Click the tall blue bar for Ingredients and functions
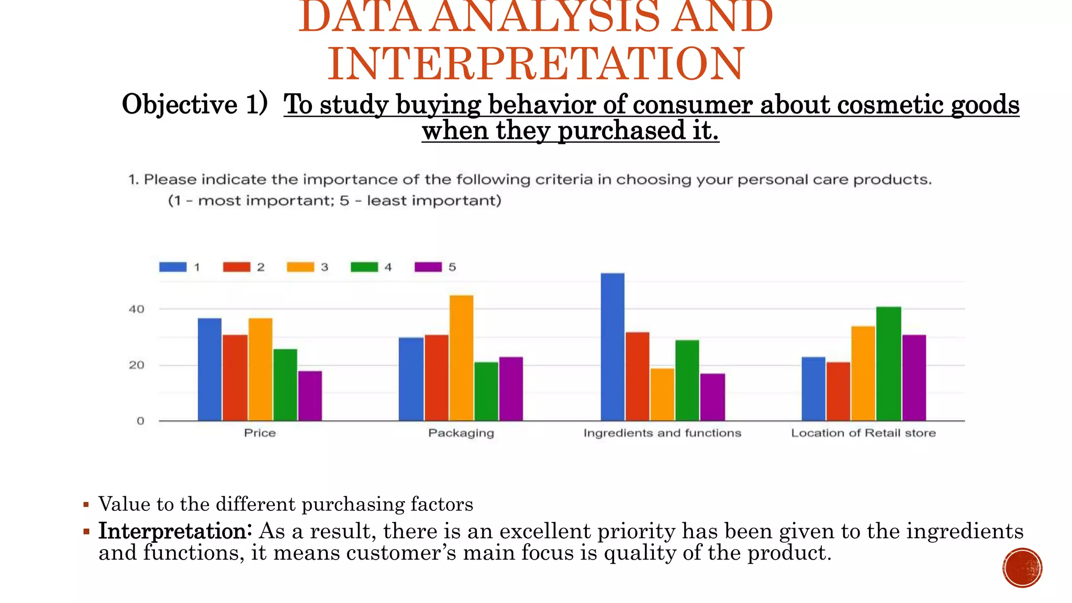[612, 347]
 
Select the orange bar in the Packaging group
[461, 358]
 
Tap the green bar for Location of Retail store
[888, 364]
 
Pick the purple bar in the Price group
[310, 396]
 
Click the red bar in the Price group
[235, 377]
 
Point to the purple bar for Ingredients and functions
[712, 397]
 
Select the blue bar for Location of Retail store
[813, 389]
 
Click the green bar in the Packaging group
[486, 391]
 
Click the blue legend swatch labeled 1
[173, 267]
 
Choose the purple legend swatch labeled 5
[428, 267]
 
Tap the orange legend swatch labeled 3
[300, 267]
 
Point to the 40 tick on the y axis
[137, 309]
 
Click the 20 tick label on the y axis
[137, 365]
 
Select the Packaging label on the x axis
[461, 433]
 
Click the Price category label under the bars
[260, 433]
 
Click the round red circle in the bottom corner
[1022, 568]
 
